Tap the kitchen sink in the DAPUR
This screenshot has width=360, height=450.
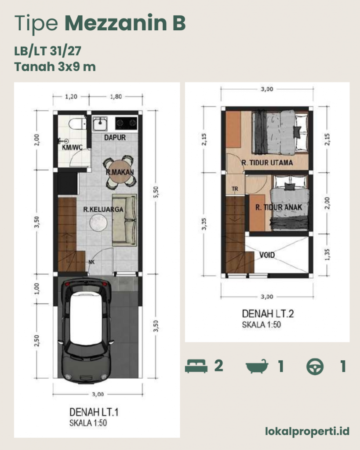pyautogui.click(x=100, y=124)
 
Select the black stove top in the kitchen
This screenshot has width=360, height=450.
pyautogui.click(x=126, y=123)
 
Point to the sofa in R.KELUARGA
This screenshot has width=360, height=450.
pyautogui.click(x=124, y=220)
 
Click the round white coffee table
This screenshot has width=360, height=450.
pyautogui.click(x=98, y=222)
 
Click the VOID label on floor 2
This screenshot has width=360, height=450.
pyautogui.click(x=267, y=255)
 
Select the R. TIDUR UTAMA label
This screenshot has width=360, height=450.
pyautogui.click(x=267, y=163)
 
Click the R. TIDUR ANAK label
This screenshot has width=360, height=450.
pyautogui.click(x=279, y=207)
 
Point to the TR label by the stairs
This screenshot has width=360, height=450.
pyautogui.click(x=235, y=189)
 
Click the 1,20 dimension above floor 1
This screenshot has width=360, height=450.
pyautogui.click(x=71, y=97)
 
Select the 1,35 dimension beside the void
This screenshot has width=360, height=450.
pyautogui.click(x=327, y=254)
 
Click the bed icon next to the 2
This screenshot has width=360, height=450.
pyautogui.click(x=196, y=366)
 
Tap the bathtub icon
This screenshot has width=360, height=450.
pyautogui.click(x=257, y=366)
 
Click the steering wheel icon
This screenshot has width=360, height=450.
pyautogui.click(x=315, y=367)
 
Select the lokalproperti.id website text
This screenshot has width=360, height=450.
pyautogui.click(x=307, y=431)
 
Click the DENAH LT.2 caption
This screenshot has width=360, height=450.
pyautogui.click(x=268, y=314)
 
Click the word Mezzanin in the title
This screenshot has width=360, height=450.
pyautogui.click(x=116, y=23)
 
